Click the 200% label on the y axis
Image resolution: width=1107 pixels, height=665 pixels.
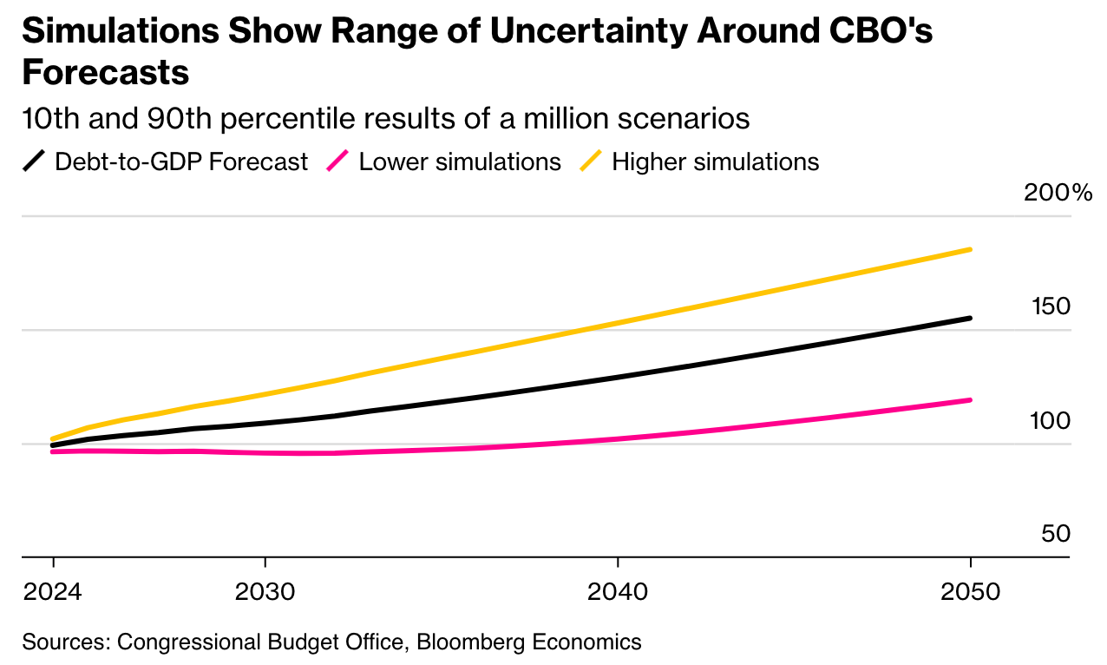pos(1058,193)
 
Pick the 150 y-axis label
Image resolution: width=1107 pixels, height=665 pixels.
pos(1051,306)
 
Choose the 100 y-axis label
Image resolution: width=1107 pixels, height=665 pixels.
pos(1051,421)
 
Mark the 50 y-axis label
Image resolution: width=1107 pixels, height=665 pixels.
pos(1056,534)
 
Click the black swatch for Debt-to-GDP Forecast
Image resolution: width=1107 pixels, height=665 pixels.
pos(34,161)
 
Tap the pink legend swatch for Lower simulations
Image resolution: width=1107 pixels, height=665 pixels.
pos(337,161)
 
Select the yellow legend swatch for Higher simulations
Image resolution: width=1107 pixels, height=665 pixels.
pos(591,161)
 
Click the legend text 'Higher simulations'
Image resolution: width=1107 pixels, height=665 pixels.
pos(716,162)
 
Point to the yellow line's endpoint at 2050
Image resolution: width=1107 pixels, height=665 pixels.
pos(969,250)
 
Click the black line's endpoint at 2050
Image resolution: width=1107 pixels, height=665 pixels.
pos(969,319)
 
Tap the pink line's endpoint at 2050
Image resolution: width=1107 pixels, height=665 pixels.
pos(969,400)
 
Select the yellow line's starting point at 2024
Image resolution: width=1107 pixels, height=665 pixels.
pos(53,438)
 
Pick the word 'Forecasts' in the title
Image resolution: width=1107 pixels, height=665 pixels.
pos(105,73)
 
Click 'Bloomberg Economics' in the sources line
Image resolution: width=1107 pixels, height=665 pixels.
pos(529,642)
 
